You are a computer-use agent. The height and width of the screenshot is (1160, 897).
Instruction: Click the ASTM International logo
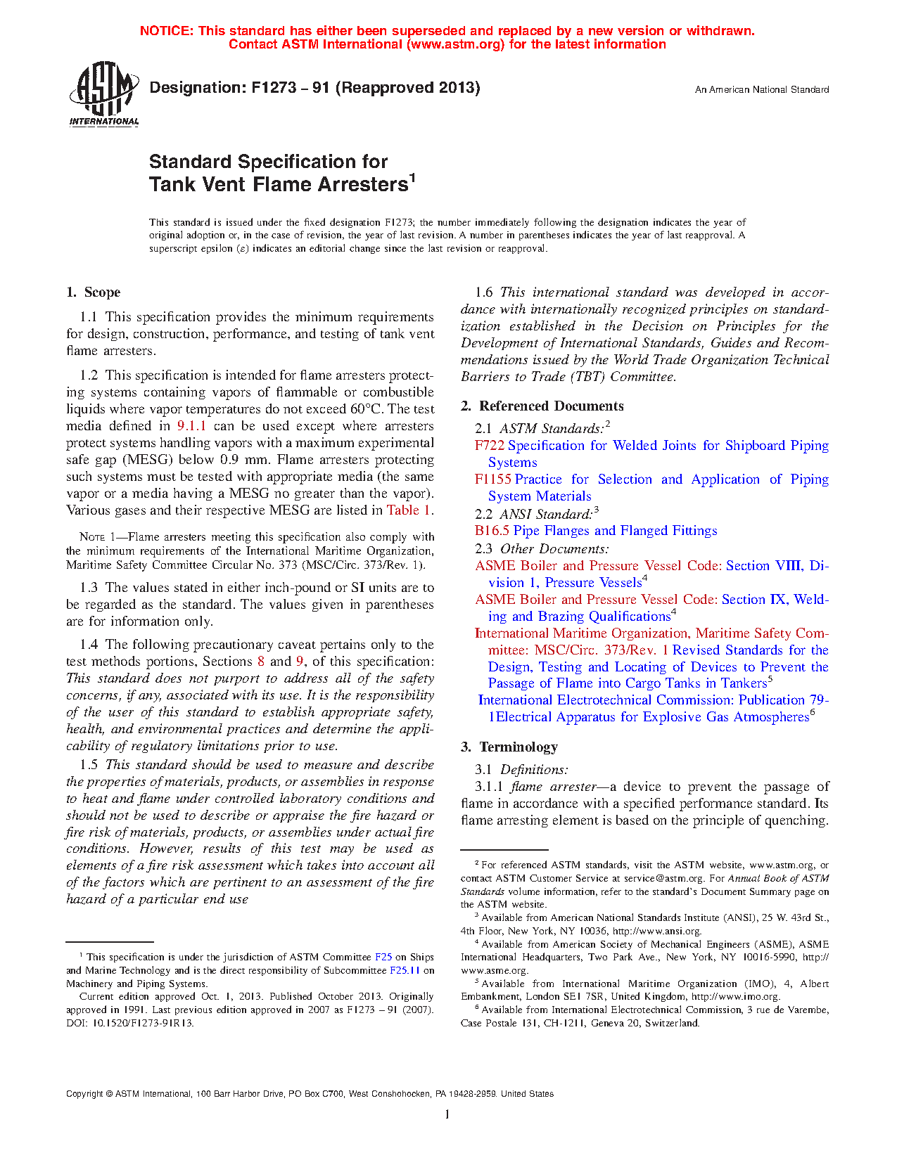(103, 94)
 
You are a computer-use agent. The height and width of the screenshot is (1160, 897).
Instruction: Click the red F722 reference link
(490, 446)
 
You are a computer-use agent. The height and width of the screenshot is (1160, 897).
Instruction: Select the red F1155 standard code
(493, 479)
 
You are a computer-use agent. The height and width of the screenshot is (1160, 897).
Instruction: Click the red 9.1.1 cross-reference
(191, 426)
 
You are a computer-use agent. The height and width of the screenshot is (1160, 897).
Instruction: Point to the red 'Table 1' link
(409, 510)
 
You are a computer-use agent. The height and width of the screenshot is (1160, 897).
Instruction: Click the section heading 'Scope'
(102, 292)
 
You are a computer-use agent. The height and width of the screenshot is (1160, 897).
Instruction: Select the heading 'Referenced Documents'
(552, 406)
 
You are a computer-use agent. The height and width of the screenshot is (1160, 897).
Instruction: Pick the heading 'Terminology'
(519, 747)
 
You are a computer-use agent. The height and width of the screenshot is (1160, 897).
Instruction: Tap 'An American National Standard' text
(762, 90)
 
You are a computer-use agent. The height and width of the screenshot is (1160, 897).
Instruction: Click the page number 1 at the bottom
(447, 1114)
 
